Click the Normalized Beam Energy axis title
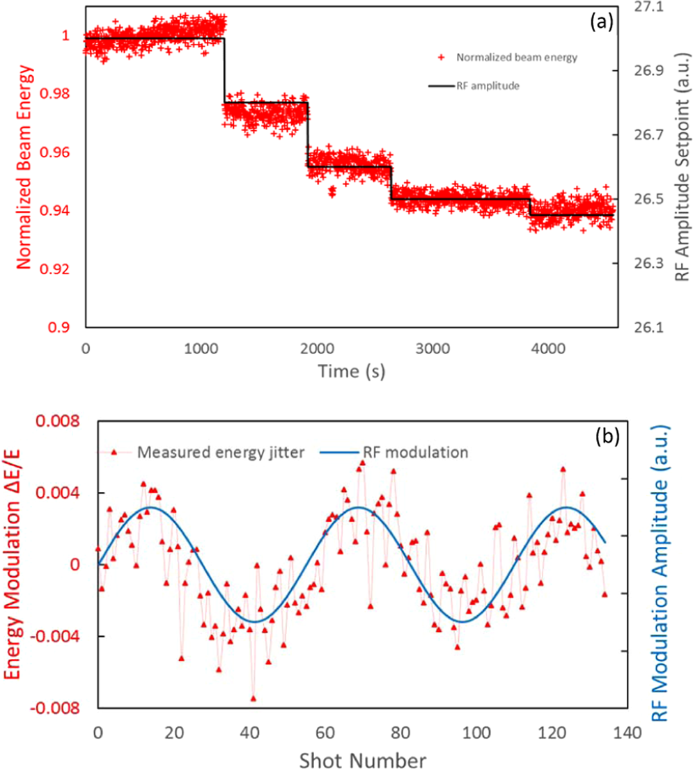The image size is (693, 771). click(x=24, y=167)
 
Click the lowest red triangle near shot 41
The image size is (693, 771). click(x=254, y=698)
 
